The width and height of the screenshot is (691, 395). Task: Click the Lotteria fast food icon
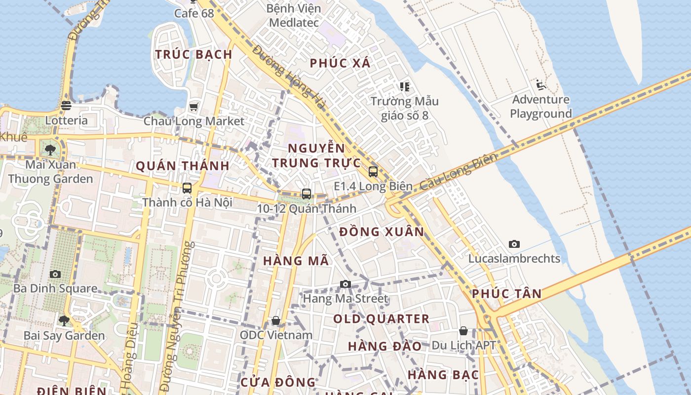[66, 106]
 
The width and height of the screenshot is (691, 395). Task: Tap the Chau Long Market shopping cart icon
[193, 107]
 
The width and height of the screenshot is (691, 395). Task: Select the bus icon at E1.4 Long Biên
[373, 172]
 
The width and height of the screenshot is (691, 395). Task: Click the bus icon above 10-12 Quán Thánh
[307, 194]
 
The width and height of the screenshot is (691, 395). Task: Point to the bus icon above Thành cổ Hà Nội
[187, 188]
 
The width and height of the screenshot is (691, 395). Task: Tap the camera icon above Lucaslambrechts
[514, 244]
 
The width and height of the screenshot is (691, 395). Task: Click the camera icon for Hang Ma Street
[345, 284]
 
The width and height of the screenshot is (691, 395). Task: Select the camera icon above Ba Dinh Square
[55, 274]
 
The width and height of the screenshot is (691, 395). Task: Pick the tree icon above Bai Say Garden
[64, 321]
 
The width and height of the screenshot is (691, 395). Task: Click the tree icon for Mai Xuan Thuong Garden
[50, 150]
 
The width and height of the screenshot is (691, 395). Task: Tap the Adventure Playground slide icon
[541, 85]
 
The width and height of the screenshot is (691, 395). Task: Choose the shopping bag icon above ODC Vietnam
[276, 321]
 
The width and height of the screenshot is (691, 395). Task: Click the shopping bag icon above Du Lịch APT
[463, 331]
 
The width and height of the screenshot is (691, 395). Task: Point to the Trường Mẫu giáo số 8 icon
[405, 87]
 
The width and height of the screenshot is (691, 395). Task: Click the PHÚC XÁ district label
[340, 63]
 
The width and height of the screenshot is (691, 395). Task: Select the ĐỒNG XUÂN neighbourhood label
[382, 232]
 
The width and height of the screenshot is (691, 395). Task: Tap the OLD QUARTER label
[381, 319]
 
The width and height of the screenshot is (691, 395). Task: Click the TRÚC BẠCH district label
[194, 54]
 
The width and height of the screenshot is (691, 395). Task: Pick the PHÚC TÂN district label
[506, 294]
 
